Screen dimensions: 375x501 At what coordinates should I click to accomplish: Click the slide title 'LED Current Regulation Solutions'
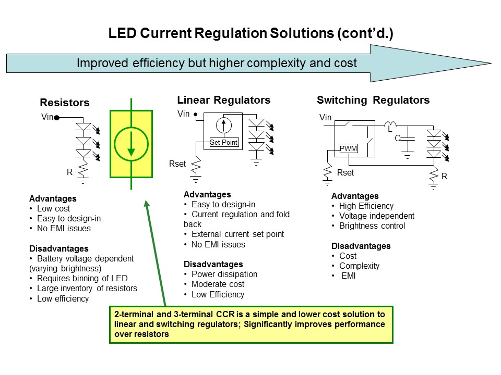250,34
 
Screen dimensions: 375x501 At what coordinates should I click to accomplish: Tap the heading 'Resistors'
65,103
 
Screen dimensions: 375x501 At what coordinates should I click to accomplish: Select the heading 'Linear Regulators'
223,100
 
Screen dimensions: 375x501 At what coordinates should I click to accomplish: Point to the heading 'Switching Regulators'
373,100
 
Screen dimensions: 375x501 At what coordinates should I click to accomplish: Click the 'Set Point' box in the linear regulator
223,142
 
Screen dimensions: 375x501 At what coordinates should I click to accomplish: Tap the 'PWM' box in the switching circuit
348,148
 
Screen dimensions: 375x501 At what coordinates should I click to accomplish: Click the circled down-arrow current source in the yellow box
131,144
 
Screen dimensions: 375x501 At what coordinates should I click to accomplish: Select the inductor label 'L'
389,129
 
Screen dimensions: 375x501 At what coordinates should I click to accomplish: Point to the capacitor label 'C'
397,138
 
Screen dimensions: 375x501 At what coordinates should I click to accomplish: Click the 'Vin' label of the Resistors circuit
47,117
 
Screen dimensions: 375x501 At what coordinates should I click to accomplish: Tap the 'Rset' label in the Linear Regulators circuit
177,164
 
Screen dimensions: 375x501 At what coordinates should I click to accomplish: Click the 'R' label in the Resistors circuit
69,172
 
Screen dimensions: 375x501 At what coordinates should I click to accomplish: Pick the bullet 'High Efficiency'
366,206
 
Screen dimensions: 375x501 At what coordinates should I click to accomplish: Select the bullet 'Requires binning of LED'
82,278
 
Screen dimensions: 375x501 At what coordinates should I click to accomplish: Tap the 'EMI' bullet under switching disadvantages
348,276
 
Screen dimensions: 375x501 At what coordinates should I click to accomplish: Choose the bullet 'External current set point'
237,234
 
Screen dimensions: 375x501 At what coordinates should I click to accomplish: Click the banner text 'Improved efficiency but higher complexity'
217,64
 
